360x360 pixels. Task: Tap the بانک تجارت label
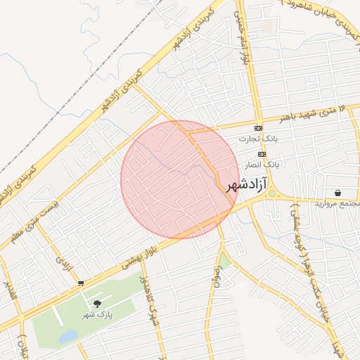click(266, 139)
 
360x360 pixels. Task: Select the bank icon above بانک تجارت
click(258, 128)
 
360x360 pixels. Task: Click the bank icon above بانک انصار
click(262, 153)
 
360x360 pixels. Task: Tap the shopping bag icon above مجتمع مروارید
click(338, 192)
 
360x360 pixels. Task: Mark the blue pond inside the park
click(68, 337)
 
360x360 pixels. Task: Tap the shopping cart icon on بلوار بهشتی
click(81, 283)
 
